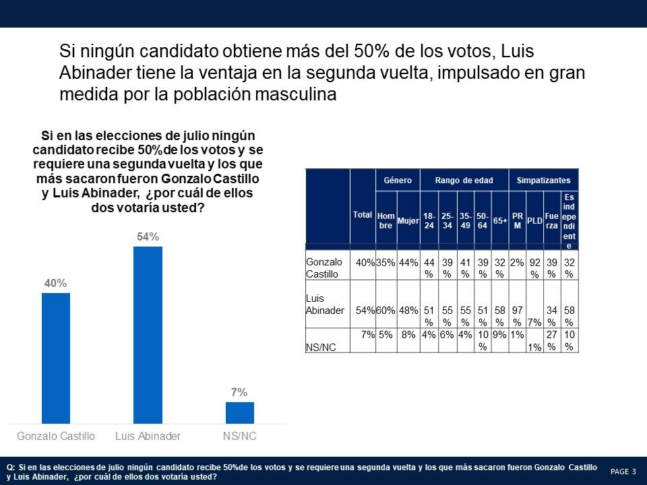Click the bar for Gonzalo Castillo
coord(56,358)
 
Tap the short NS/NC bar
coord(239,412)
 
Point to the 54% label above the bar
coord(148,237)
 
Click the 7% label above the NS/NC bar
coord(239,393)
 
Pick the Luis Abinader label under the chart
coord(148,436)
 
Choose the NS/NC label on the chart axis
coord(239,436)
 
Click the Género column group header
coord(397,181)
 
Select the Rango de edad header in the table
coord(464,181)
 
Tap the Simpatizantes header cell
coord(543,181)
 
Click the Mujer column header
coord(408,220)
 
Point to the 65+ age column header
coord(500,220)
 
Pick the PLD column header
coord(534,220)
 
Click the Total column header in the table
coord(363,214)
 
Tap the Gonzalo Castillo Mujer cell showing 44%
coord(408,263)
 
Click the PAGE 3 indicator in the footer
coord(623,472)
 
